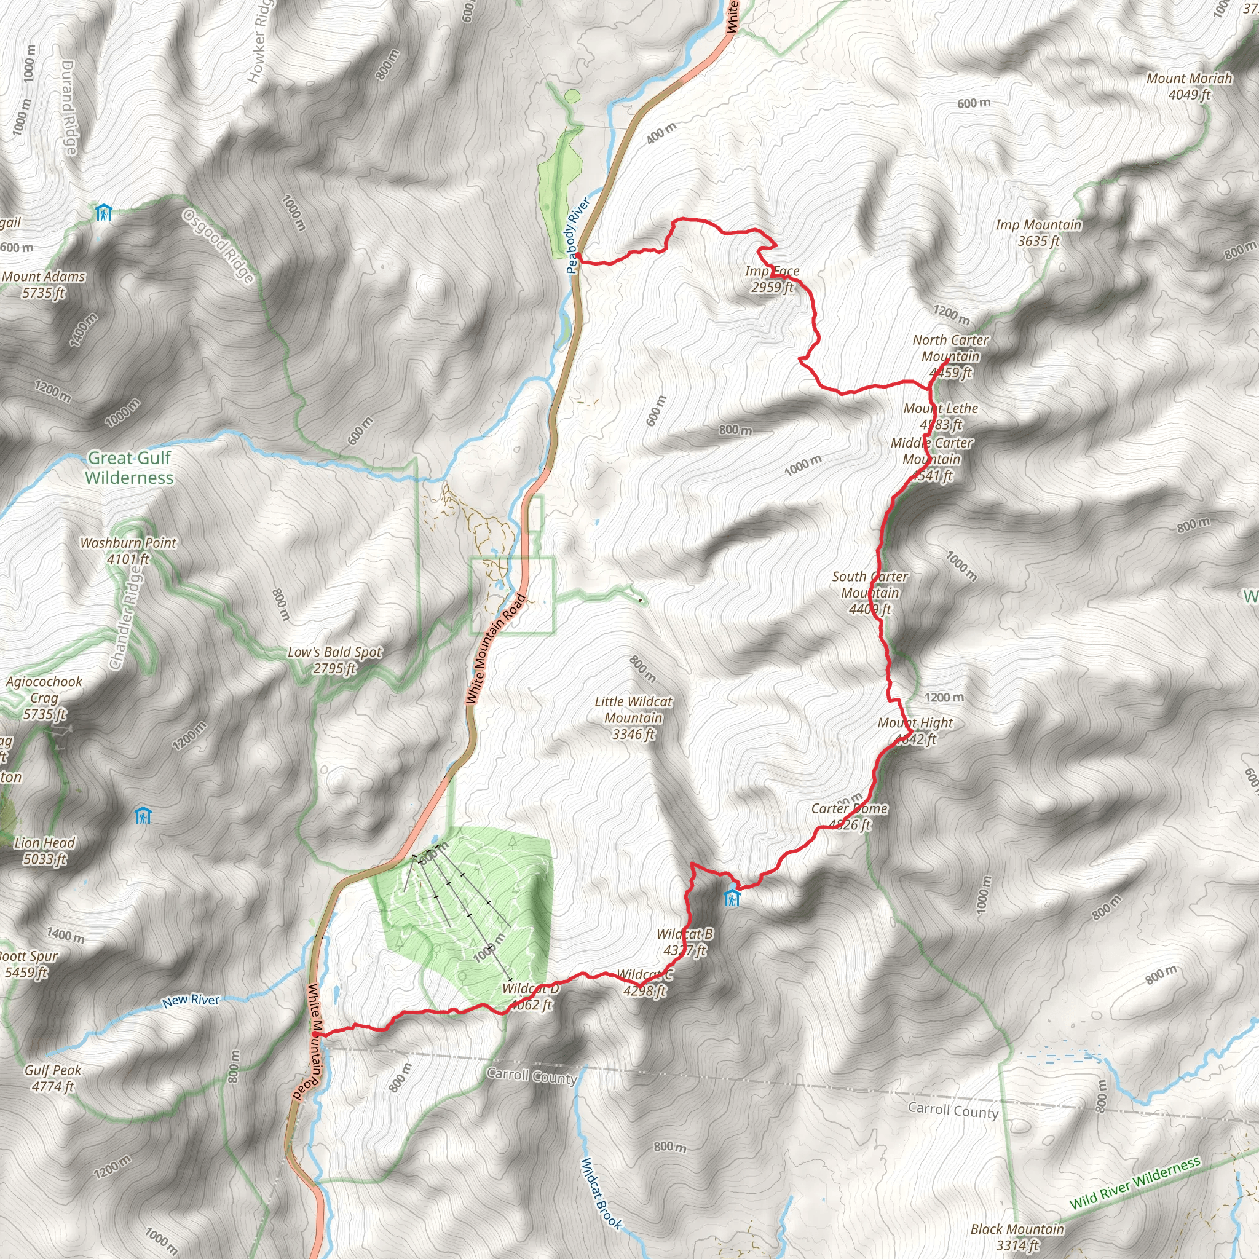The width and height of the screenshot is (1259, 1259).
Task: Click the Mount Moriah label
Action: point(1190,86)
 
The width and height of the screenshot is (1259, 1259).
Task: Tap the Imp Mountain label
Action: point(1038,232)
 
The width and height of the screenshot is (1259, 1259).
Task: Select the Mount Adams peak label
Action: point(43,285)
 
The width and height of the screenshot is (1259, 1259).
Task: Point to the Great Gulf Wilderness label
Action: point(129,468)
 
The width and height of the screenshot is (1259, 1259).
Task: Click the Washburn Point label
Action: point(128,551)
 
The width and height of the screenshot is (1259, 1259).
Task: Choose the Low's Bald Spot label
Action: point(334,660)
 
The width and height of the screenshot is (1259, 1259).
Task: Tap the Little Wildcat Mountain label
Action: point(633,717)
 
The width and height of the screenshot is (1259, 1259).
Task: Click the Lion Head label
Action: point(44,850)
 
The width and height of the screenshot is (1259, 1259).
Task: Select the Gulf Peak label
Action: point(53,1078)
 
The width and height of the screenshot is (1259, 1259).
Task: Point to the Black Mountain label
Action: point(1017,1237)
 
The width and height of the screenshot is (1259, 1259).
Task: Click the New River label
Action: point(191,1000)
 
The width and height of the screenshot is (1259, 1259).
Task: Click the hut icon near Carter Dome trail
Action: point(732,899)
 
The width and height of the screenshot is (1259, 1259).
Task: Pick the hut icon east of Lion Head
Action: point(143,815)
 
